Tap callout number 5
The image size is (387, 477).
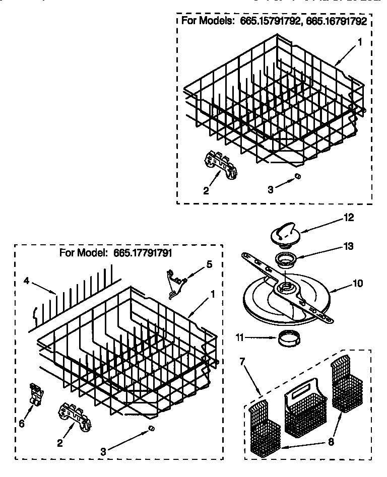point(210,264)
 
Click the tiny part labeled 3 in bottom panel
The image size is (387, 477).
point(150,428)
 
